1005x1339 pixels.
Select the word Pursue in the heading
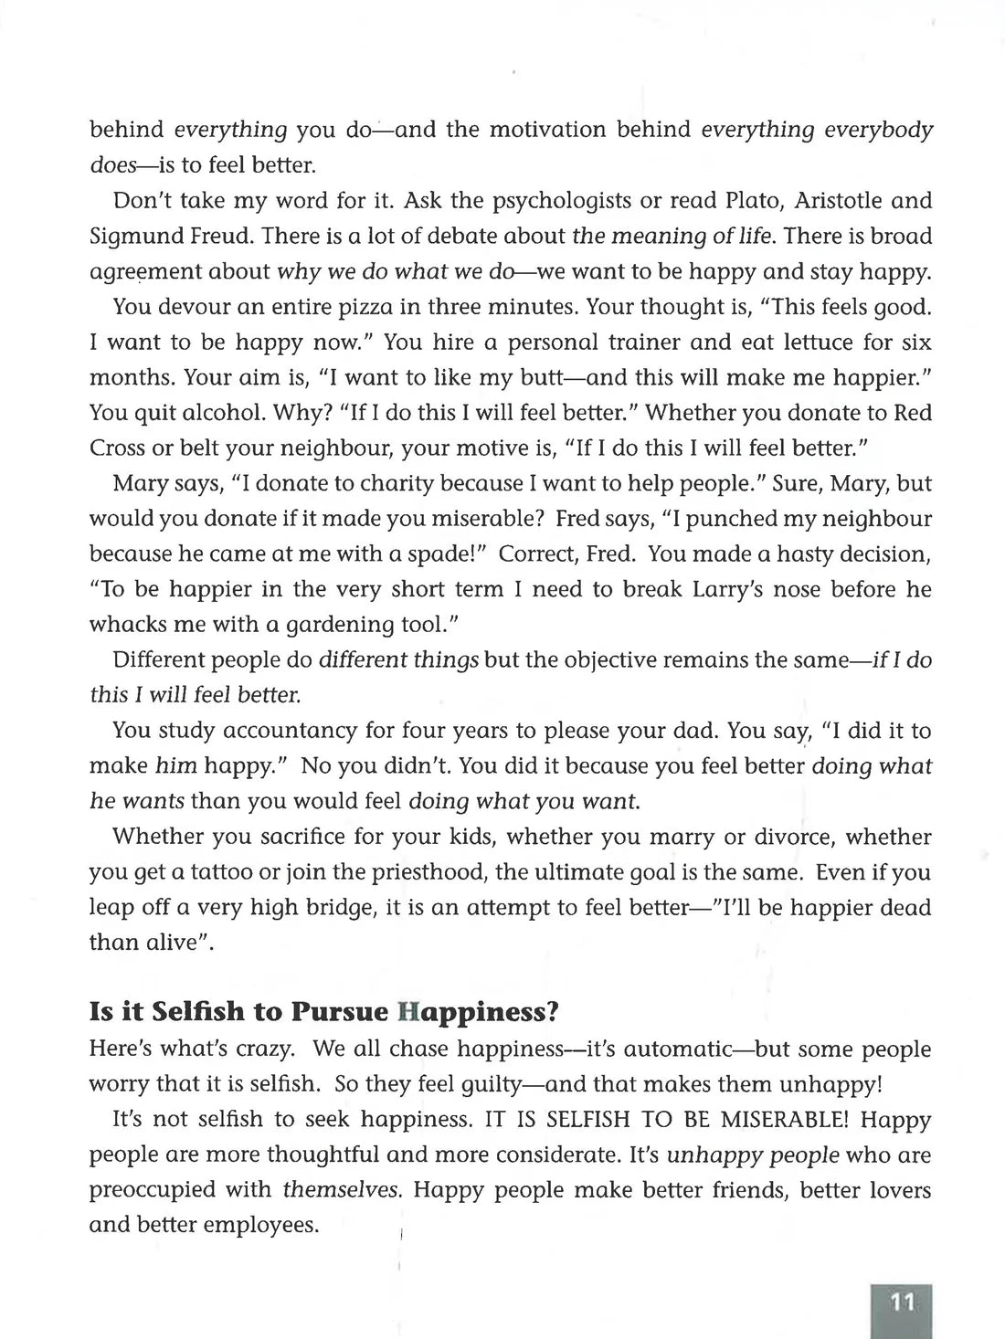pyautogui.click(x=342, y=1012)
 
